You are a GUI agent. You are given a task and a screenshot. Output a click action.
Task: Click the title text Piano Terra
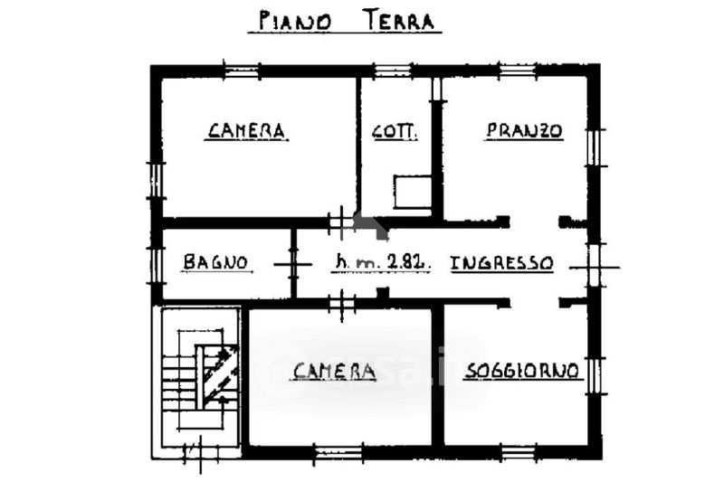346,21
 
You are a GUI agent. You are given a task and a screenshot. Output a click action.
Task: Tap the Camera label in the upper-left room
246,130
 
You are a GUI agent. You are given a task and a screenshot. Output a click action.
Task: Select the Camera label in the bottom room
333,371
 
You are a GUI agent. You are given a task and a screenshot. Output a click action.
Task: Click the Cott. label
395,131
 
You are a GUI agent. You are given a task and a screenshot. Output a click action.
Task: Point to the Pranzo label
525,130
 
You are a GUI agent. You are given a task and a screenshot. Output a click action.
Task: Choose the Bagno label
215,262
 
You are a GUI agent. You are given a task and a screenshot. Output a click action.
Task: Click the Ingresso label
501,263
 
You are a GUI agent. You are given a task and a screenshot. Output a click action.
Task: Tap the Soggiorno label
522,371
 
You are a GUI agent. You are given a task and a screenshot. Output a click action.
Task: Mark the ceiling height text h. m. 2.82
381,262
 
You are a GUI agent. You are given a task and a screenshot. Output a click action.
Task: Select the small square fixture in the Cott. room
413,192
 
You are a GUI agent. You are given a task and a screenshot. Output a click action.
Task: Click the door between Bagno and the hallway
292,264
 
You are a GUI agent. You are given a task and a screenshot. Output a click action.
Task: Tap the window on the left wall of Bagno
157,266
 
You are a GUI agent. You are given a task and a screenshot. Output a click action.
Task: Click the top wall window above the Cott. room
393,71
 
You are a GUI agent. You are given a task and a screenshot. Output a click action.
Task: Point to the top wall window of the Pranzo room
518,71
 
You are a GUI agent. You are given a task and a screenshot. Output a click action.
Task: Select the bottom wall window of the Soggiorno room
518,452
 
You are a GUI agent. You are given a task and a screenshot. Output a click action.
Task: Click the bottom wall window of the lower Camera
338,452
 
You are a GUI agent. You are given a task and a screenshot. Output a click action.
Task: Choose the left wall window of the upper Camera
157,180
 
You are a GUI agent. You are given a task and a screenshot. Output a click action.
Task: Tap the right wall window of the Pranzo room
595,147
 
